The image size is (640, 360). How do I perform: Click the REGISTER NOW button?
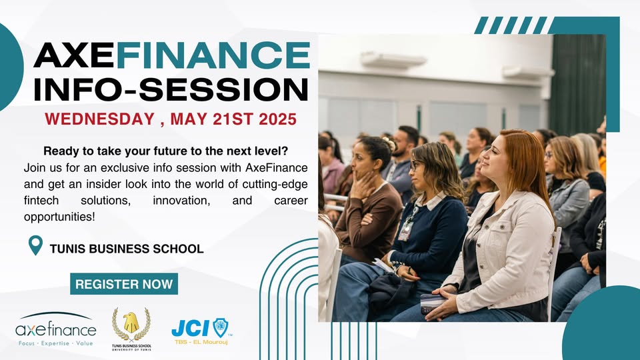coord(124,284)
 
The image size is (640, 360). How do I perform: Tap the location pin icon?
coord(35,245)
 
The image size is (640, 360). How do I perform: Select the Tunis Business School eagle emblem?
coord(131,323)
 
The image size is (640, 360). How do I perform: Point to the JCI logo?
coord(200,327)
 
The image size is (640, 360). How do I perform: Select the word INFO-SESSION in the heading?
coord(171,90)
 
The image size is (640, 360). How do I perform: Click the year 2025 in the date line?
coord(273,121)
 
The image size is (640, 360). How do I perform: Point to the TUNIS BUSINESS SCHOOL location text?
coord(127,249)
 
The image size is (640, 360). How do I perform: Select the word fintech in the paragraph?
coord(43,201)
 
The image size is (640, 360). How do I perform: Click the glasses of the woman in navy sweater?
coord(415,165)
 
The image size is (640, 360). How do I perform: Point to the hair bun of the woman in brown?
coord(389,143)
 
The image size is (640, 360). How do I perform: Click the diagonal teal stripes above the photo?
coord(510,25)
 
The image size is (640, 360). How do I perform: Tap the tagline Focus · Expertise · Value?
coord(56,343)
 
